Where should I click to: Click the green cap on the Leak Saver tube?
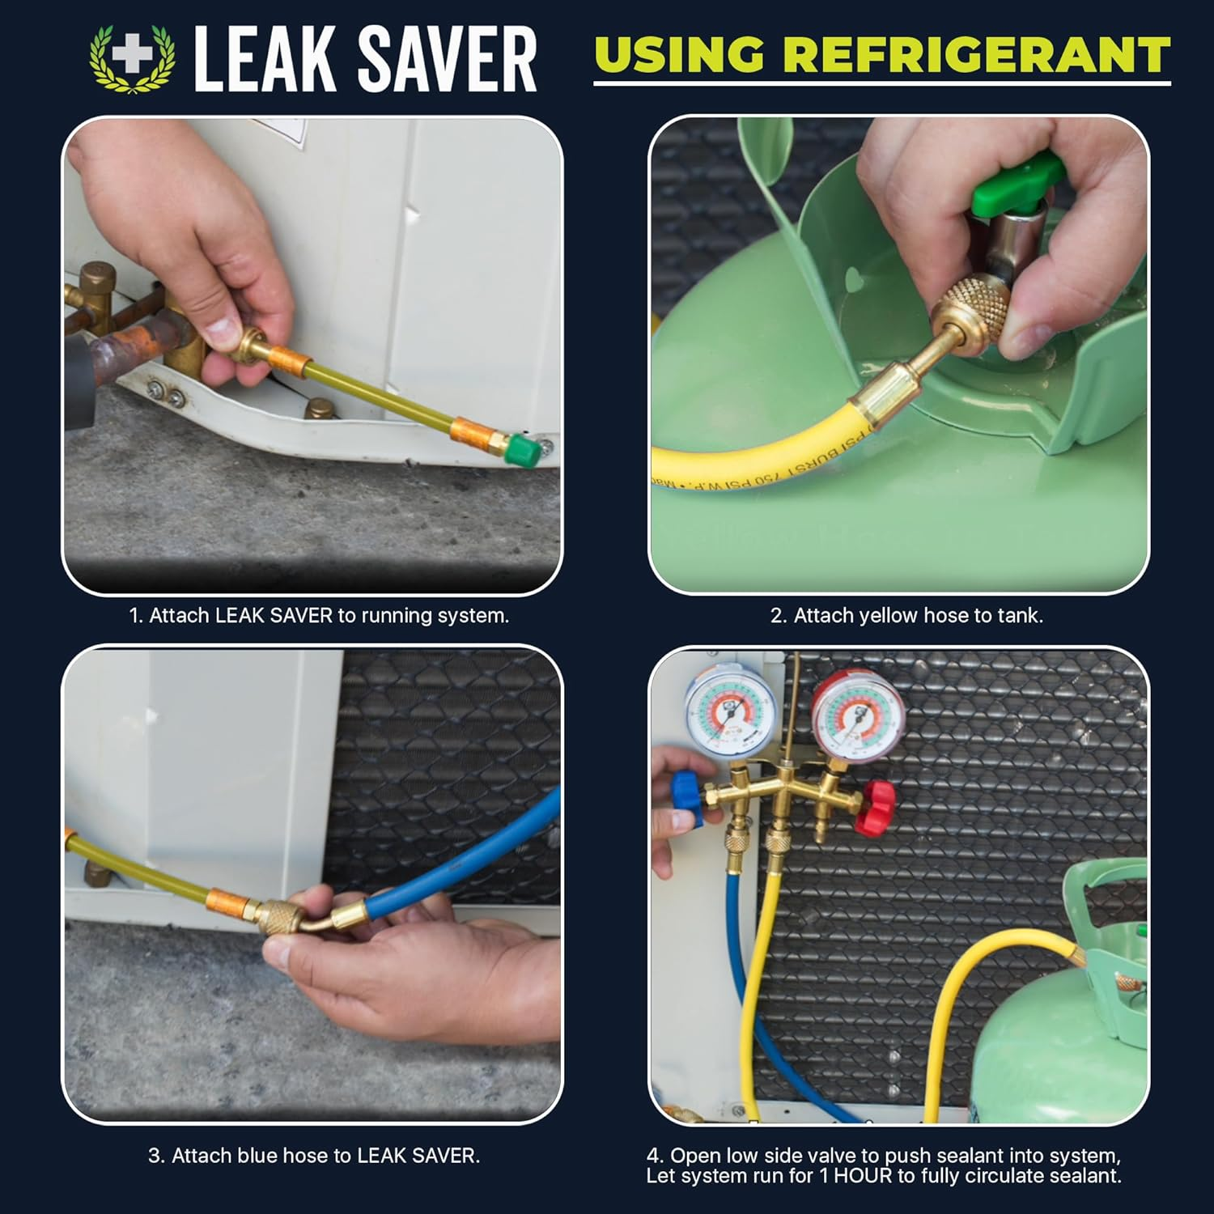(x=519, y=448)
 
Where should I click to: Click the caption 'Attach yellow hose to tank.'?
(x=906, y=616)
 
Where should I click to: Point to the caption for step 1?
(x=319, y=616)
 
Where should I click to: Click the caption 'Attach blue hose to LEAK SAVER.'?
(x=314, y=1156)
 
